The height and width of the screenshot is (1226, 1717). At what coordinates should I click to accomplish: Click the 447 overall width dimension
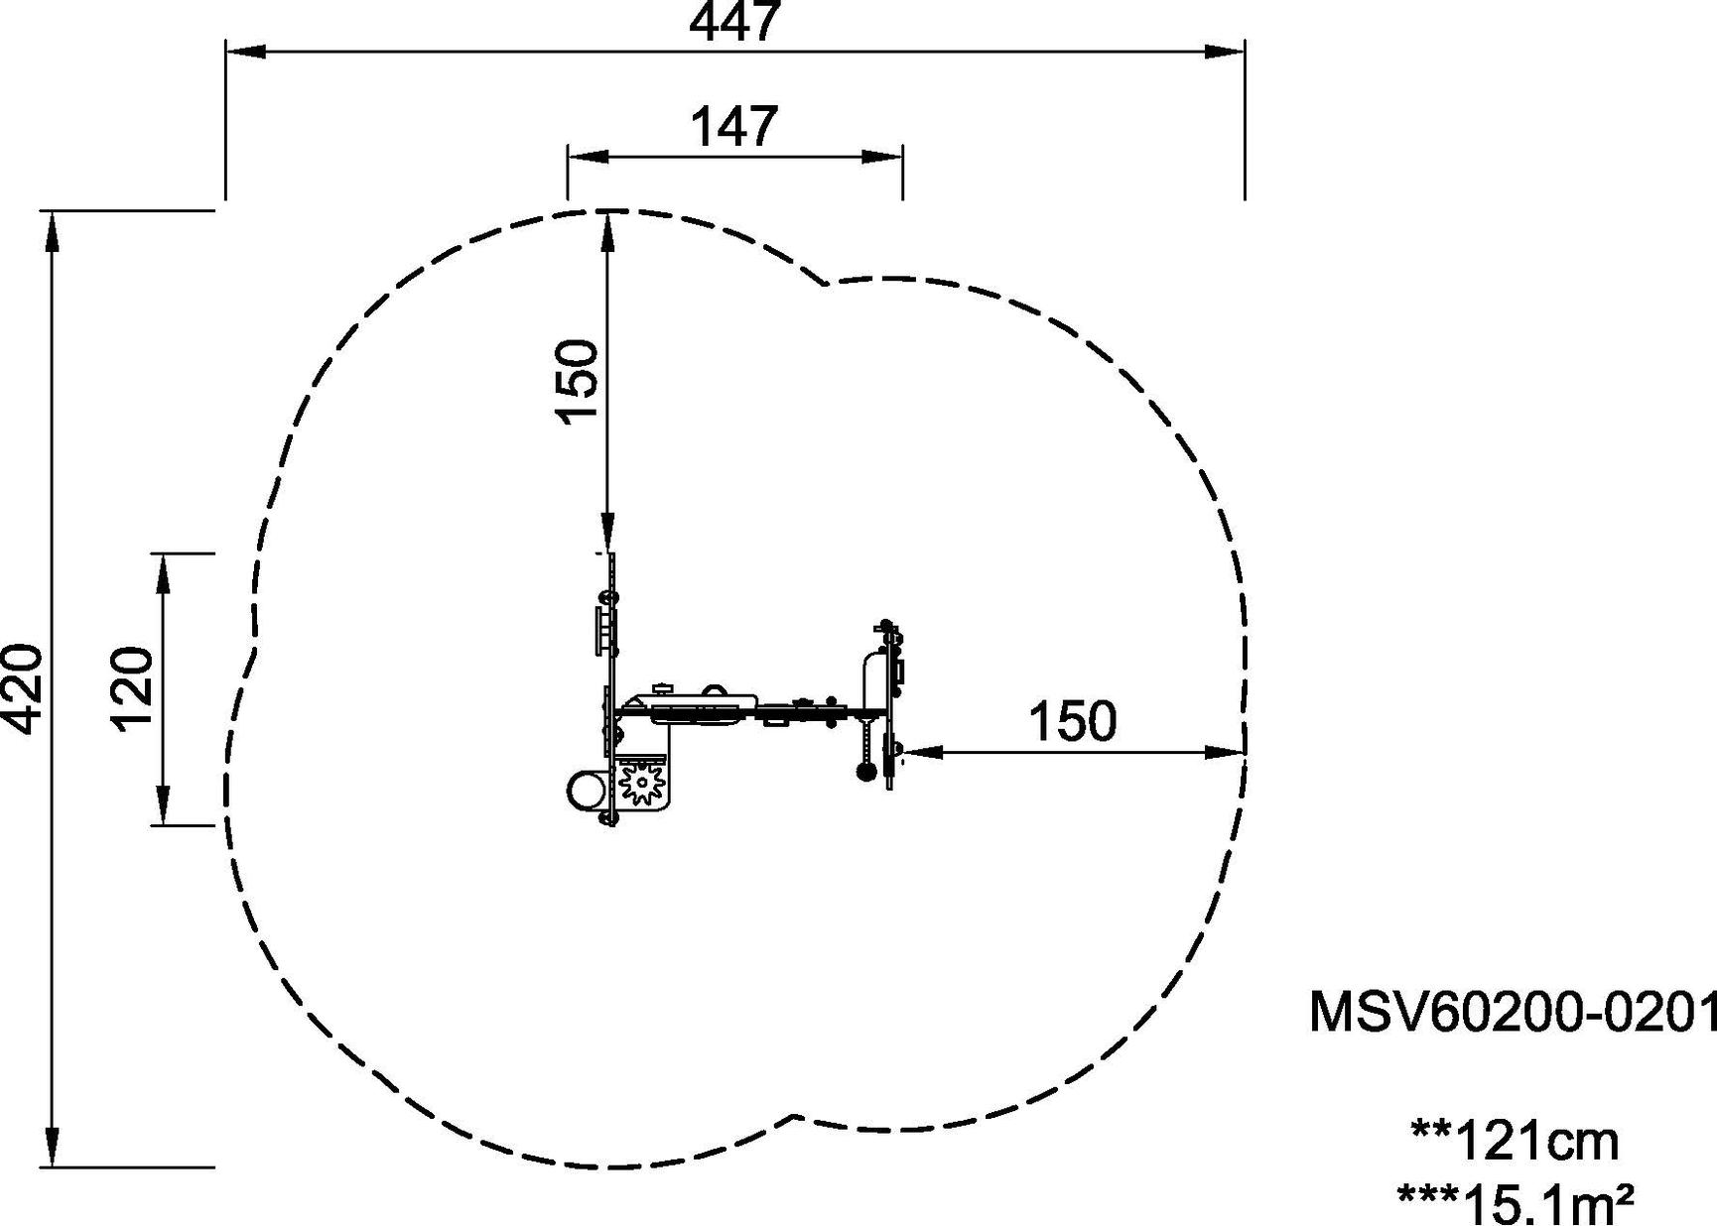point(734,22)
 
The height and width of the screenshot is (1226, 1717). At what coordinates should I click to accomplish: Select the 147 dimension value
point(734,127)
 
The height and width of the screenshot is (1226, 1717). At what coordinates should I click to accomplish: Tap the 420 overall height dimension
point(22,689)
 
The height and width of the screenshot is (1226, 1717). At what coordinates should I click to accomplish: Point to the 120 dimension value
point(131,688)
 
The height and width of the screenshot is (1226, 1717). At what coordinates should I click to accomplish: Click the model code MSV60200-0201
point(1513,1013)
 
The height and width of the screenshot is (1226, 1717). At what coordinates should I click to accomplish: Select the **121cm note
point(1515,1141)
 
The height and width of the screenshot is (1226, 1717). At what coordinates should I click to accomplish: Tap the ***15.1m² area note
point(1515,1203)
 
